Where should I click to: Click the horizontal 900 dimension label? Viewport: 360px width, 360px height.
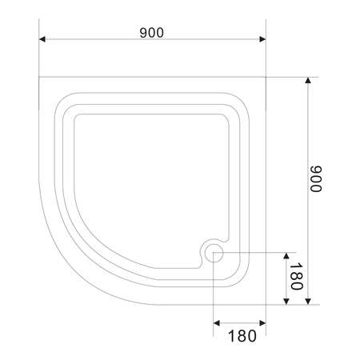[x=151, y=33]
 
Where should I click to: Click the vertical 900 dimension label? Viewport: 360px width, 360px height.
[x=316, y=178]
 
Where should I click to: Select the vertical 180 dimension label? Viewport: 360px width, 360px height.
[x=296, y=276]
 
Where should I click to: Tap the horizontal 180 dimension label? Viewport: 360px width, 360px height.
[x=242, y=336]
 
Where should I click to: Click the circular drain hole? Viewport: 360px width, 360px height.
[x=214, y=253]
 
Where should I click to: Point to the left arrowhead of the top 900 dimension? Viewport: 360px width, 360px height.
[x=42, y=39]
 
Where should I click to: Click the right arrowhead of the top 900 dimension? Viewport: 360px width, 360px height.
[x=262, y=39]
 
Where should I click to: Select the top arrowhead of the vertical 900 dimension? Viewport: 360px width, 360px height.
[x=308, y=81]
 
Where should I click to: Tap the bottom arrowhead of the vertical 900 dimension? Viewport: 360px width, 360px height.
[x=308, y=301]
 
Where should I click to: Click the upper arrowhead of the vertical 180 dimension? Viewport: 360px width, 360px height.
[x=286, y=256]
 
